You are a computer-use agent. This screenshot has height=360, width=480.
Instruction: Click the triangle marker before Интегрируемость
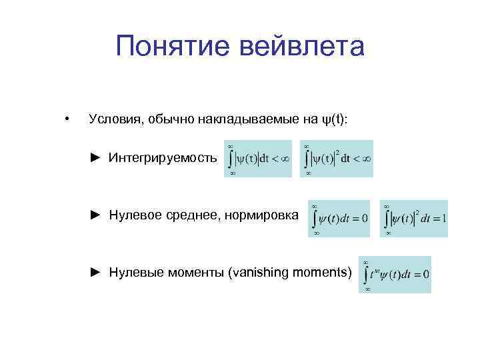point(96,158)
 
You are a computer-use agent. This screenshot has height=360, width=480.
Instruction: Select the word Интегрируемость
point(163,158)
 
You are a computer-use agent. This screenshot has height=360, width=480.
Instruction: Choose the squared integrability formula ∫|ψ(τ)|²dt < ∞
point(337,159)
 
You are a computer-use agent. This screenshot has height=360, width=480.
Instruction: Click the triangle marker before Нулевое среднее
point(96,215)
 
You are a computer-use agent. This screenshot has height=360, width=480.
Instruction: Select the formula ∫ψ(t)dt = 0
point(339,218)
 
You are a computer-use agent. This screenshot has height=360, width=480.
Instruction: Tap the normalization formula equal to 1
point(414,218)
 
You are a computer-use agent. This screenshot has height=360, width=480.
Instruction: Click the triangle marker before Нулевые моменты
point(96,272)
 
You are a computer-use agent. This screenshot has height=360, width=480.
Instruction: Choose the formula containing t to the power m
point(395,274)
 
